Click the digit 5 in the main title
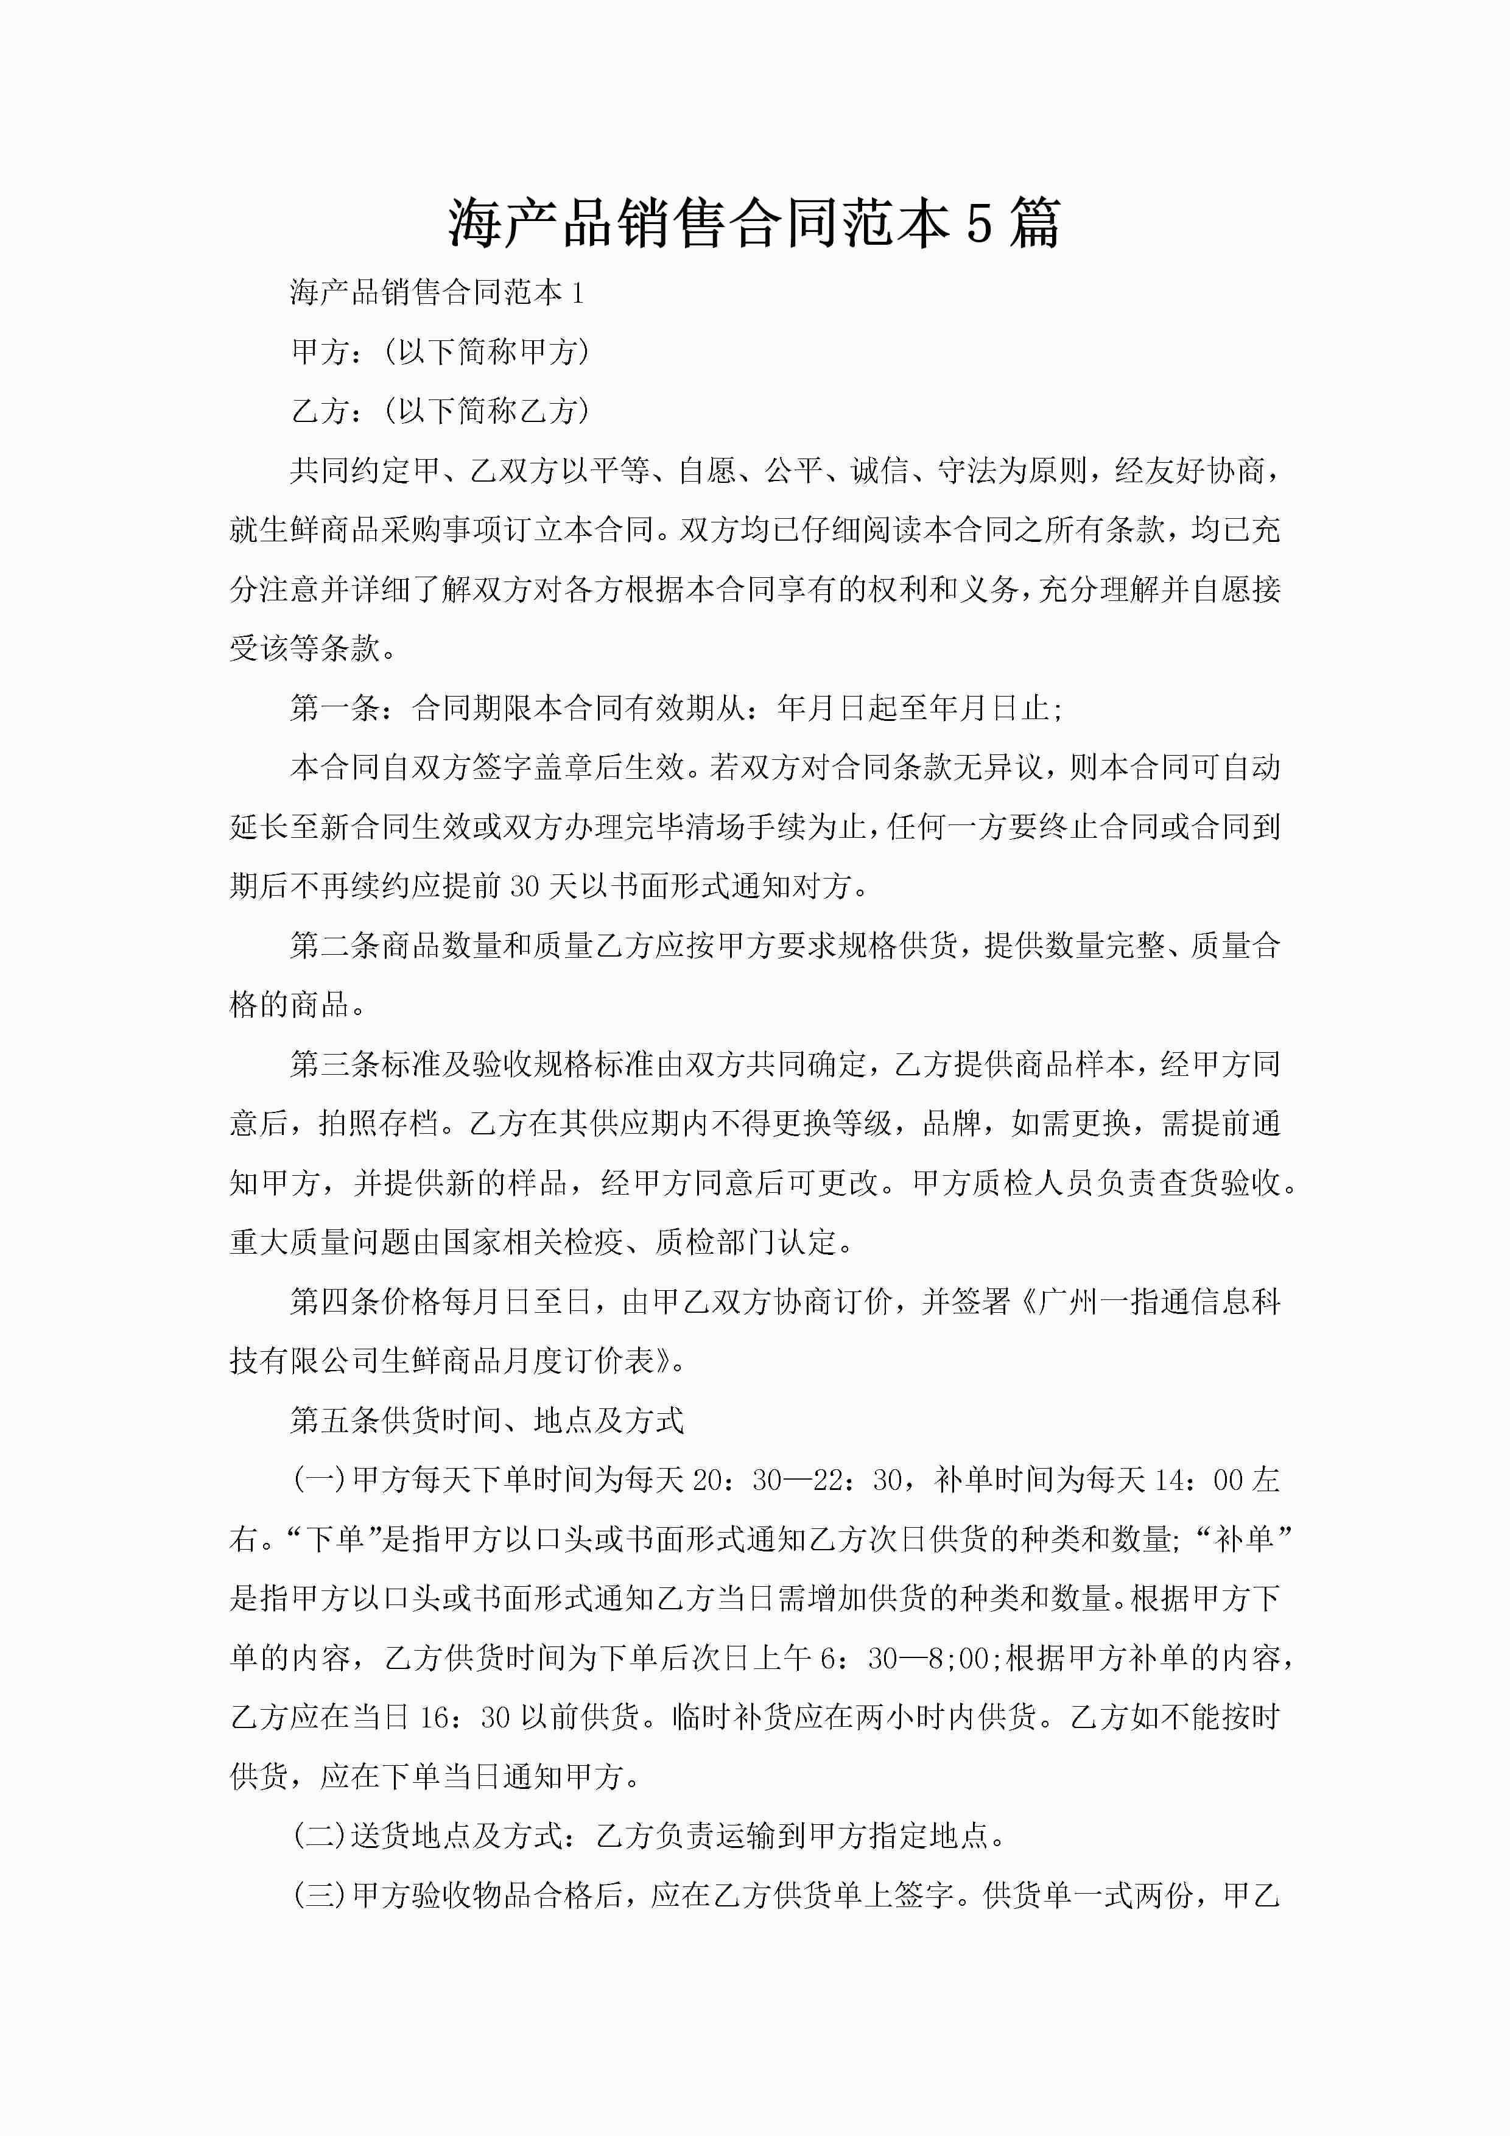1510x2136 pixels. (x=978, y=224)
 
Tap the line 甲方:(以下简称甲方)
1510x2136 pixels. (x=440, y=352)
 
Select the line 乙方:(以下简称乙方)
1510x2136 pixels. (x=440, y=410)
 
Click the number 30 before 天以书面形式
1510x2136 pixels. (x=525, y=887)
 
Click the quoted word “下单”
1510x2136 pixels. (x=333, y=1540)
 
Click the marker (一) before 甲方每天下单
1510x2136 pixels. (x=319, y=1480)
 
